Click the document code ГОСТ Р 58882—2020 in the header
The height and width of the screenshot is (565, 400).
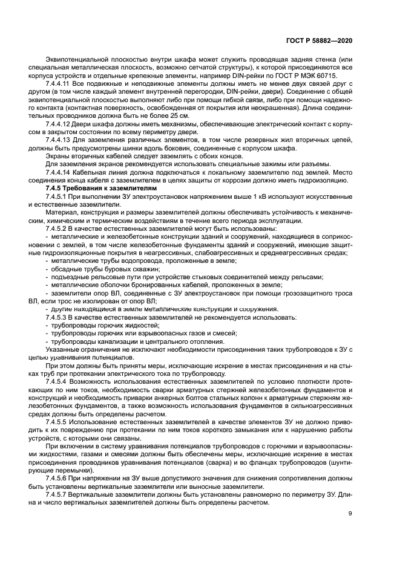click(327, 39)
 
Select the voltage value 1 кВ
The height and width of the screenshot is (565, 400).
click(252, 197)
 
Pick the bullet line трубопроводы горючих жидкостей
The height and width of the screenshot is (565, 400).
click(97, 325)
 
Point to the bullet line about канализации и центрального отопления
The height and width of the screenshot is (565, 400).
click(130, 341)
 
